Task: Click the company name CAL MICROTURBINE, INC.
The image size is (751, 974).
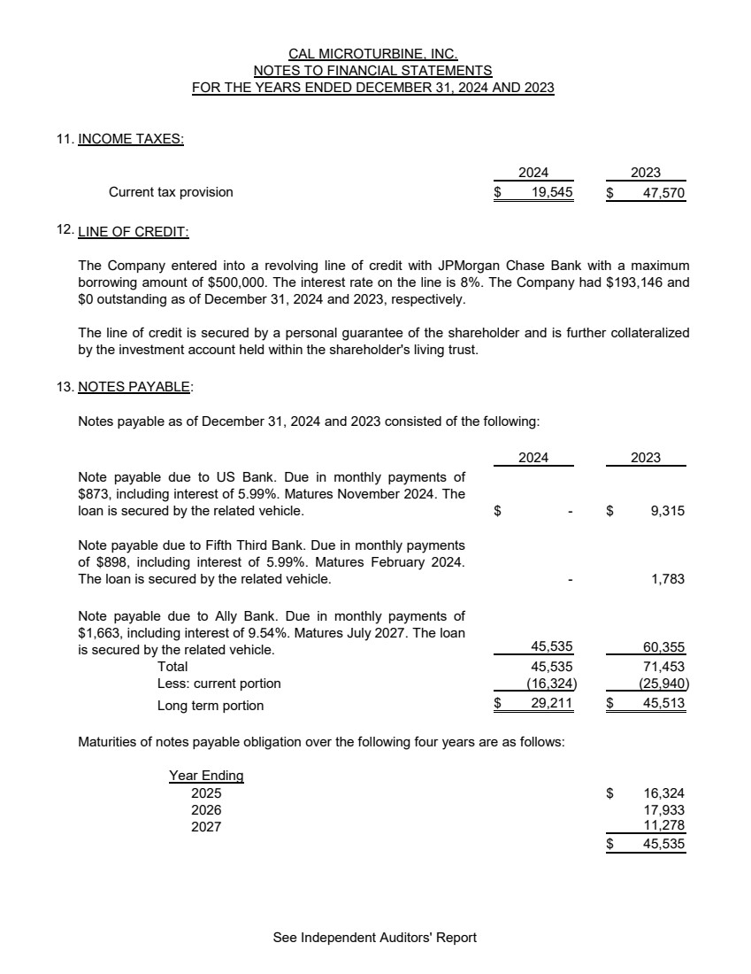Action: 373,54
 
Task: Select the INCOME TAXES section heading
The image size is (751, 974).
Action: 131,139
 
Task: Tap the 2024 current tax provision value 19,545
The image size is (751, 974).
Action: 545,192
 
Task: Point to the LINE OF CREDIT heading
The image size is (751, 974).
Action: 133,232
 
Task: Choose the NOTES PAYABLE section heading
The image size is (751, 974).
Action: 133,386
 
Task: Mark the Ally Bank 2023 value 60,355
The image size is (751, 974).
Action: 663,649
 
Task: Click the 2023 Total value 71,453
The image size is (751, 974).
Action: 663,666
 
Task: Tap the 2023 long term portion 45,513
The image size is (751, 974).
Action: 663,704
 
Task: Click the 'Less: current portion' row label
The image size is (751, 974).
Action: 218,684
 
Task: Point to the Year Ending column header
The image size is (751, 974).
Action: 206,776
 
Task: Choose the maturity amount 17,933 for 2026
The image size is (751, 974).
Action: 663,810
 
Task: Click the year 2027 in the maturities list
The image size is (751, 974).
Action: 206,827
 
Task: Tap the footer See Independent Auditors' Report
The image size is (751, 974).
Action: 375,938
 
